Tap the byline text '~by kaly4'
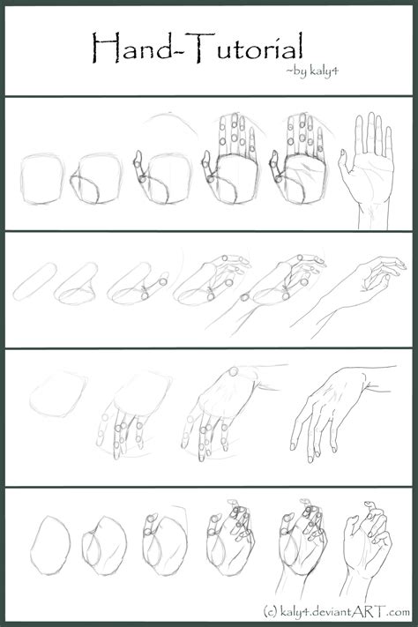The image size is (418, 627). (312, 71)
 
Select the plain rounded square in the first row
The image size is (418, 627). (42, 179)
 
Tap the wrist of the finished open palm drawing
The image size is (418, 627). (373, 216)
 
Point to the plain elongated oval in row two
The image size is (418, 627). (34, 281)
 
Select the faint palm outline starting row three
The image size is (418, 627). (58, 394)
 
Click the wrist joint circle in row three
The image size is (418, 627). (233, 372)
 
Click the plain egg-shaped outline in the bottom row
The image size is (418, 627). (50, 545)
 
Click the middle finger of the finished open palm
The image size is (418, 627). (371, 132)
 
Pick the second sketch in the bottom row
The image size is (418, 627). (104, 546)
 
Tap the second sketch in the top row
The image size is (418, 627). (96, 179)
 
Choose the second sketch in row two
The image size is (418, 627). (77, 284)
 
